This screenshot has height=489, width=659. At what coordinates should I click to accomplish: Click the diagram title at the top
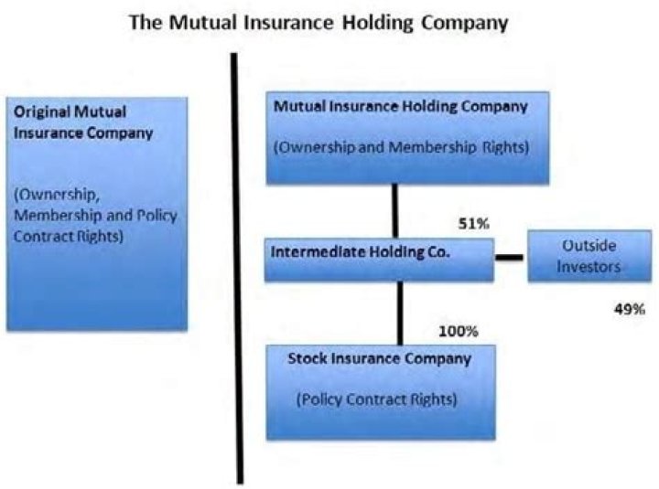coord(318,21)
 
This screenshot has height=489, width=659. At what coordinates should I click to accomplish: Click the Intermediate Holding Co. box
coord(379,260)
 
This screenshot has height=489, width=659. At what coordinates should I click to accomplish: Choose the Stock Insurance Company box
coord(381,391)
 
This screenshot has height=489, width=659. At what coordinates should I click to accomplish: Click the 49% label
coord(629,310)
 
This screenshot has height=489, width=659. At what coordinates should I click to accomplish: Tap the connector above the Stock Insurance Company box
coord(399,312)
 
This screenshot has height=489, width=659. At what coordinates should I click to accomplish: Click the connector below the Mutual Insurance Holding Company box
coord(396,211)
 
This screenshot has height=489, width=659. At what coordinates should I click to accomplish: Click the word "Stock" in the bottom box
coord(308,358)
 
